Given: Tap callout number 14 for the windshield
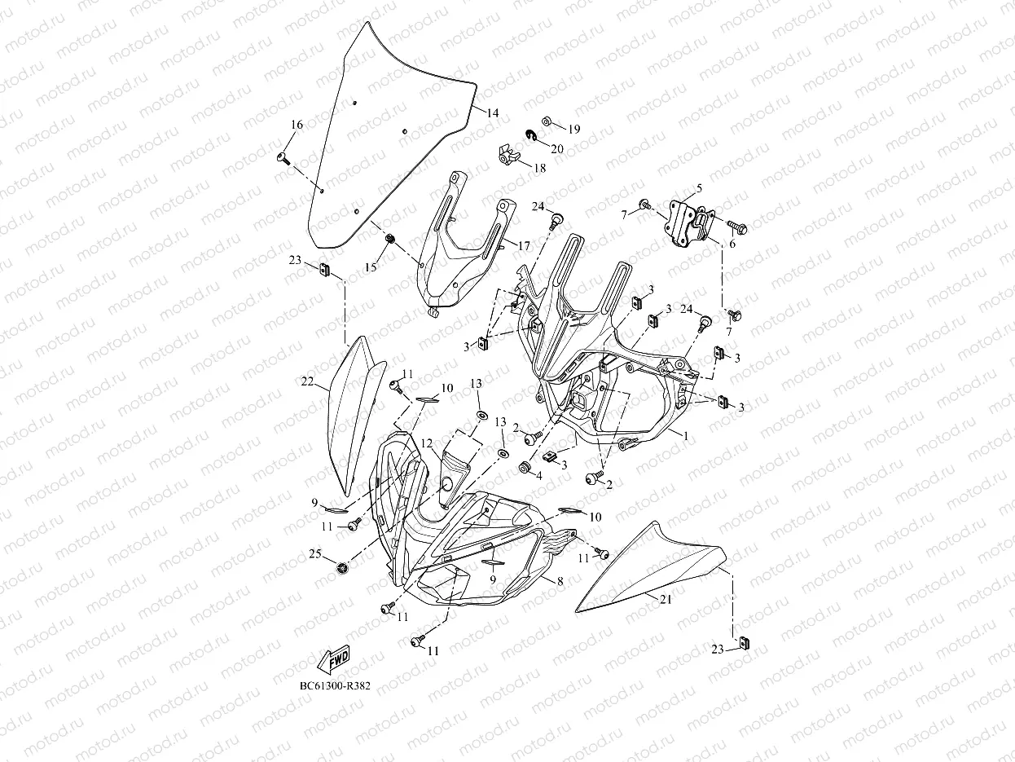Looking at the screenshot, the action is coord(492,113).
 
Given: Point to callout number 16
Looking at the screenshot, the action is coord(297,125).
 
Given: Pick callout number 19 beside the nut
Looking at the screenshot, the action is coord(574,130).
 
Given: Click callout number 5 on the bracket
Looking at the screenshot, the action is coord(698,188).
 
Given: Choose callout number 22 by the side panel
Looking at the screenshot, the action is coord(306,381).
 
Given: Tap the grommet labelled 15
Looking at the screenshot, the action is coord(390,239).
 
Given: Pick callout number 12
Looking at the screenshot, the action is coord(427,443).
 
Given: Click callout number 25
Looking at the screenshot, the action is coord(314,554).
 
